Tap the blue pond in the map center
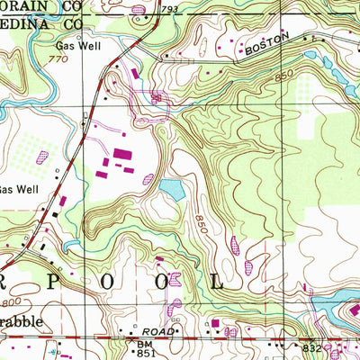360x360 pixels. [x=172, y=189]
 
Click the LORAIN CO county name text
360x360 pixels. [x=36, y=4]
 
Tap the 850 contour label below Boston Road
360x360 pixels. [x=285, y=82]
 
